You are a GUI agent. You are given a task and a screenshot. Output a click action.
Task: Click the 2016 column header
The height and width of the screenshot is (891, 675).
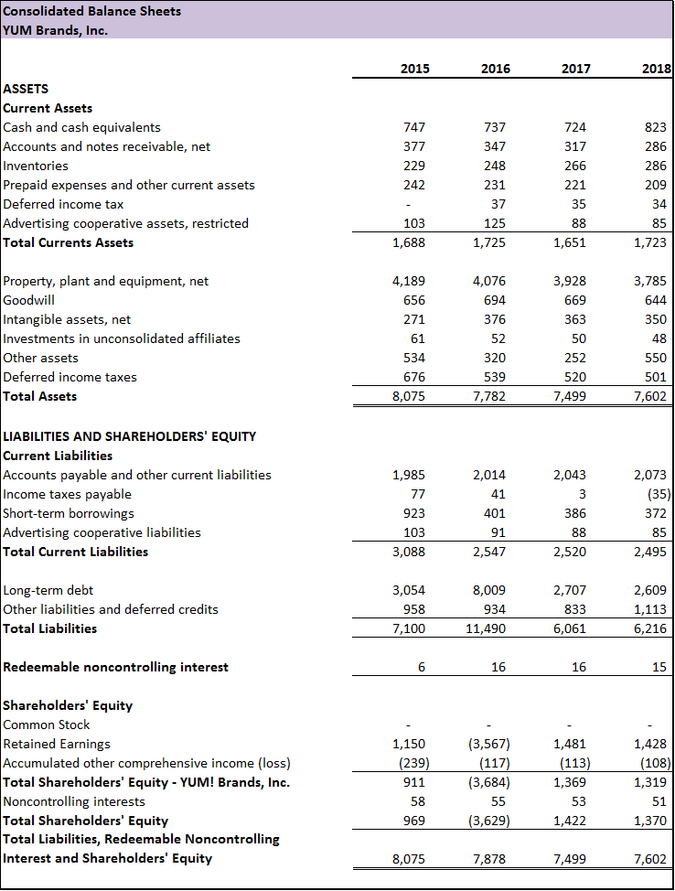(495, 69)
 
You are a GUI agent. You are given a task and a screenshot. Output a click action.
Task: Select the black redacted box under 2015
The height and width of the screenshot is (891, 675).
(392, 107)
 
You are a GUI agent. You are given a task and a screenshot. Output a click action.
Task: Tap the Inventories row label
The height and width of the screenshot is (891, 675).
(36, 166)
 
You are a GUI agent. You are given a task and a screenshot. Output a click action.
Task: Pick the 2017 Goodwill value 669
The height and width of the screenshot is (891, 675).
(575, 300)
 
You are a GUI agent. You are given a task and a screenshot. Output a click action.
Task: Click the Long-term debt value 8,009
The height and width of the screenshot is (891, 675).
(489, 590)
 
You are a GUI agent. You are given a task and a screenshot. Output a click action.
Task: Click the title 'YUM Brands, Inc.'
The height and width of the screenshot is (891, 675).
(56, 29)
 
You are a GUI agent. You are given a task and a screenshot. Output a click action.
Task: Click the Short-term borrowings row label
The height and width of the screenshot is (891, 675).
(69, 513)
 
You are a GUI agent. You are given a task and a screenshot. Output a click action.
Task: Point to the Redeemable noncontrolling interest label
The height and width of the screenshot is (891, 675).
(116, 667)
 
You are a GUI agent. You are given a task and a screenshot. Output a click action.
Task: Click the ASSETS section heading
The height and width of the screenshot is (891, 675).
(27, 89)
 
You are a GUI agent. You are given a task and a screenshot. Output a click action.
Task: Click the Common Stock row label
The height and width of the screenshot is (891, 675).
(47, 725)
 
